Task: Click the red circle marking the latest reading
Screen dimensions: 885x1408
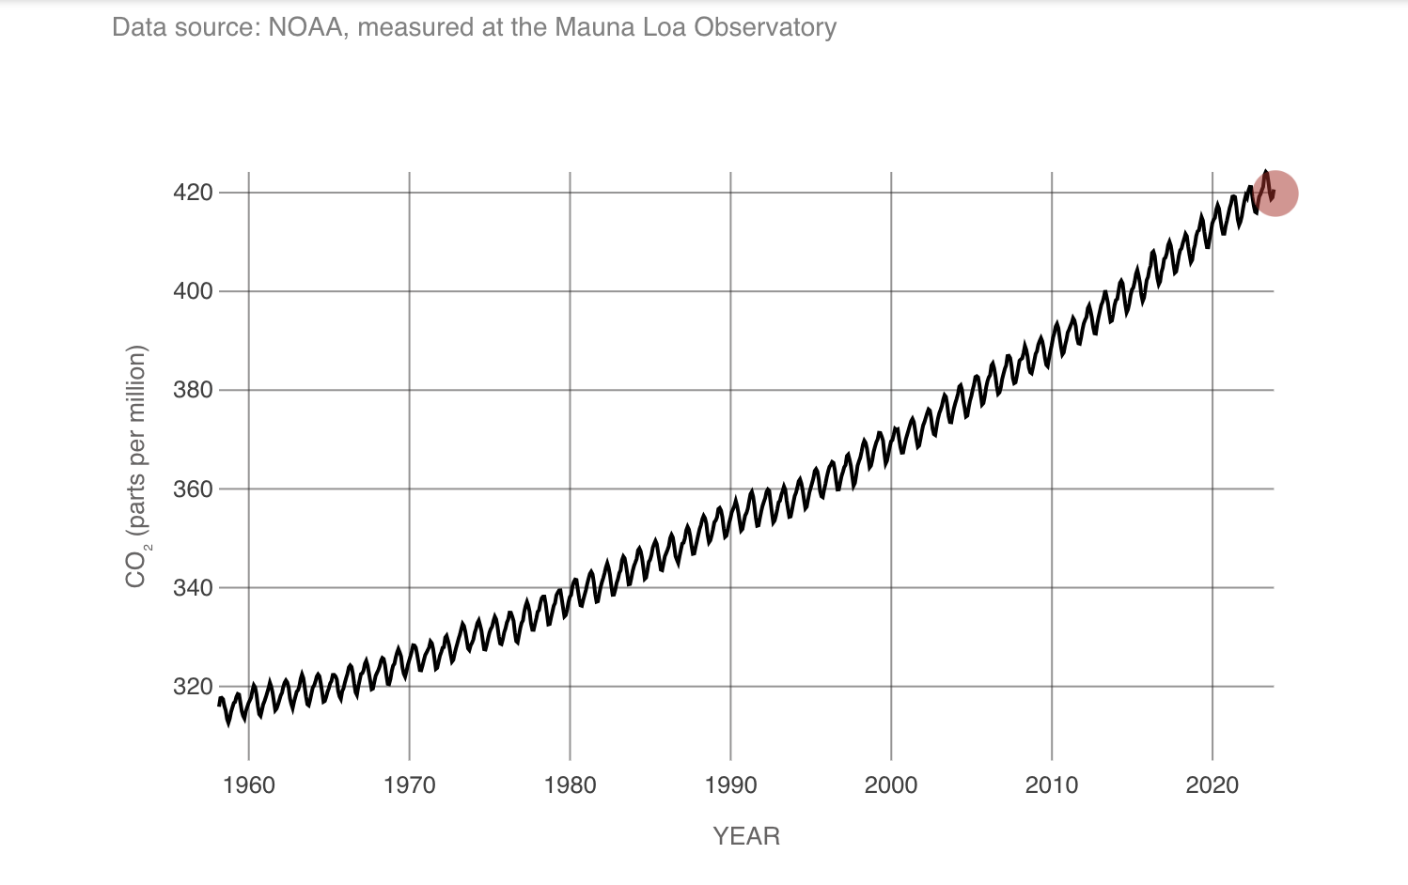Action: click(x=1275, y=194)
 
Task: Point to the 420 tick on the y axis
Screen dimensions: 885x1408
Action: click(x=193, y=193)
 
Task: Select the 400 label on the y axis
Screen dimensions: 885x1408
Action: click(x=193, y=291)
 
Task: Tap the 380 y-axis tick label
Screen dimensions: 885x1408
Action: click(x=193, y=390)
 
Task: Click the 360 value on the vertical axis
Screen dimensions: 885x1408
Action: click(x=193, y=489)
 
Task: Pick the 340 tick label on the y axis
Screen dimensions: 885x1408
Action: click(x=193, y=588)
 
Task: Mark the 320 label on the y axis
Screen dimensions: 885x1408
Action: click(x=193, y=687)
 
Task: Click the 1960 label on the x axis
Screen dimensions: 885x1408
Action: click(x=249, y=785)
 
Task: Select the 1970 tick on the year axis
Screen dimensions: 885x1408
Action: click(x=410, y=785)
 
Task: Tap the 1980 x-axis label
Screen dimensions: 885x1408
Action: click(x=570, y=785)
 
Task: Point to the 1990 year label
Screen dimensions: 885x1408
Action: click(x=730, y=785)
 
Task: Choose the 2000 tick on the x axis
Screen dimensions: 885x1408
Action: click(x=891, y=785)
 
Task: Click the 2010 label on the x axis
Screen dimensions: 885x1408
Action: click(x=1052, y=785)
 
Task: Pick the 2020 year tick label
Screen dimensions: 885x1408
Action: click(x=1212, y=785)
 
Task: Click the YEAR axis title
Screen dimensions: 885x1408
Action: click(x=746, y=836)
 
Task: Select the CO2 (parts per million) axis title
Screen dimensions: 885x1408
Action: click(x=136, y=467)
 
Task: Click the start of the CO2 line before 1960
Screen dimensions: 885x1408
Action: click(x=220, y=702)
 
